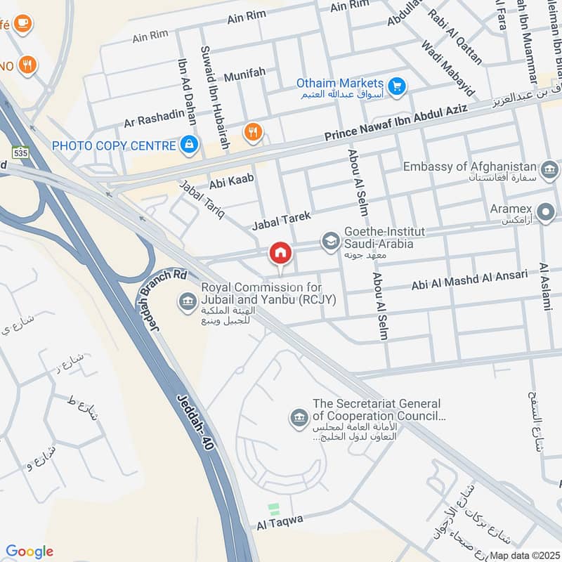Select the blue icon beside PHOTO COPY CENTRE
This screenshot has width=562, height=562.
tap(188, 145)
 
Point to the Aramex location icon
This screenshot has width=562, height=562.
tap(544, 211)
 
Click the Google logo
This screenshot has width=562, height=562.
tap(30, 551)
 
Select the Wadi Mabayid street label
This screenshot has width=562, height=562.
tap(448, 68)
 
